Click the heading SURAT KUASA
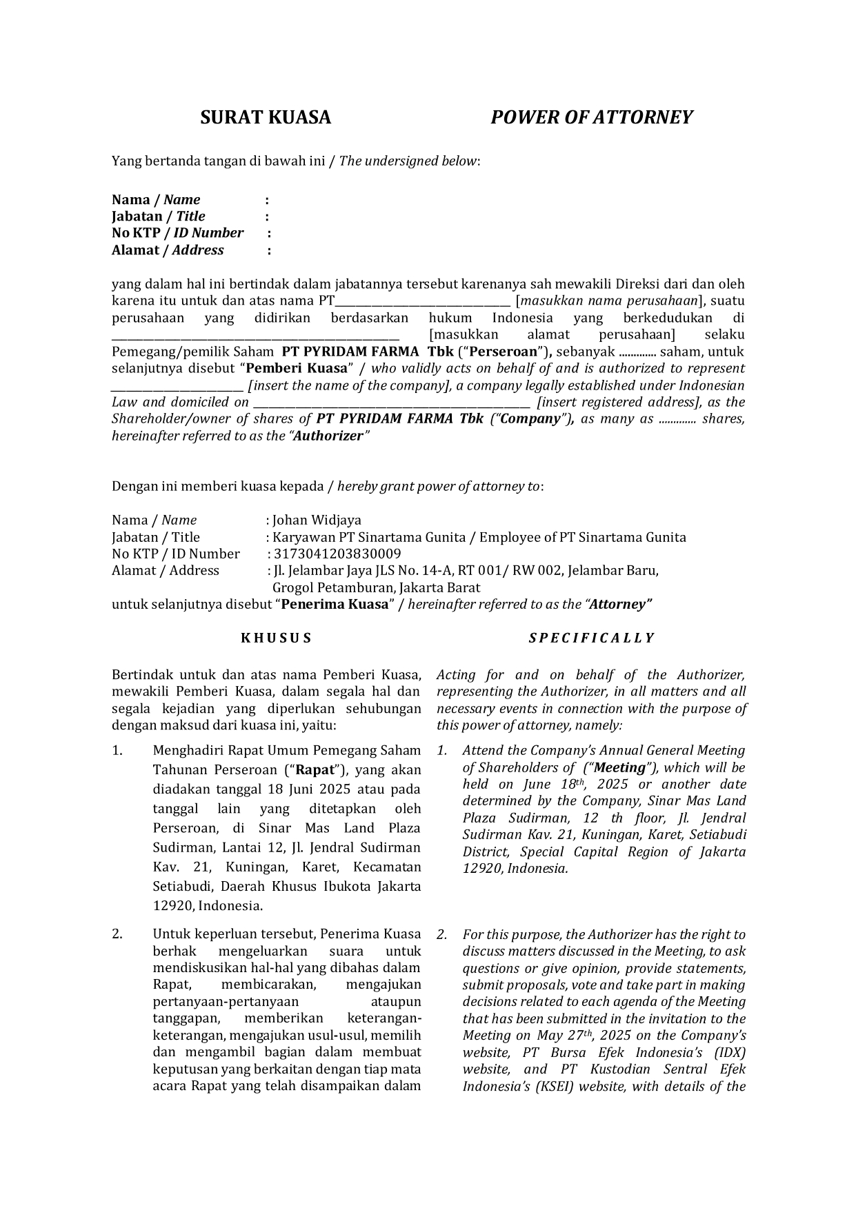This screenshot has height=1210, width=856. click(x=266, y=117)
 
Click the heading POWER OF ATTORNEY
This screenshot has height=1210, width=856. click(x=591, y=117)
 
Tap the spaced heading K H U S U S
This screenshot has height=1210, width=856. click(x=276, y=638)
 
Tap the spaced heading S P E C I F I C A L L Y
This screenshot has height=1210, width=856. click(x=591, y=638)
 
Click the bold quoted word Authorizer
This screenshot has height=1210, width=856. click(x=328, y=436)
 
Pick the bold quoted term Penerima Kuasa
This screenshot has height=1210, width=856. click(x=335, y=605)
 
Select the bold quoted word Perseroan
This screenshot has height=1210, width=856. click(x=503, y=352)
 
